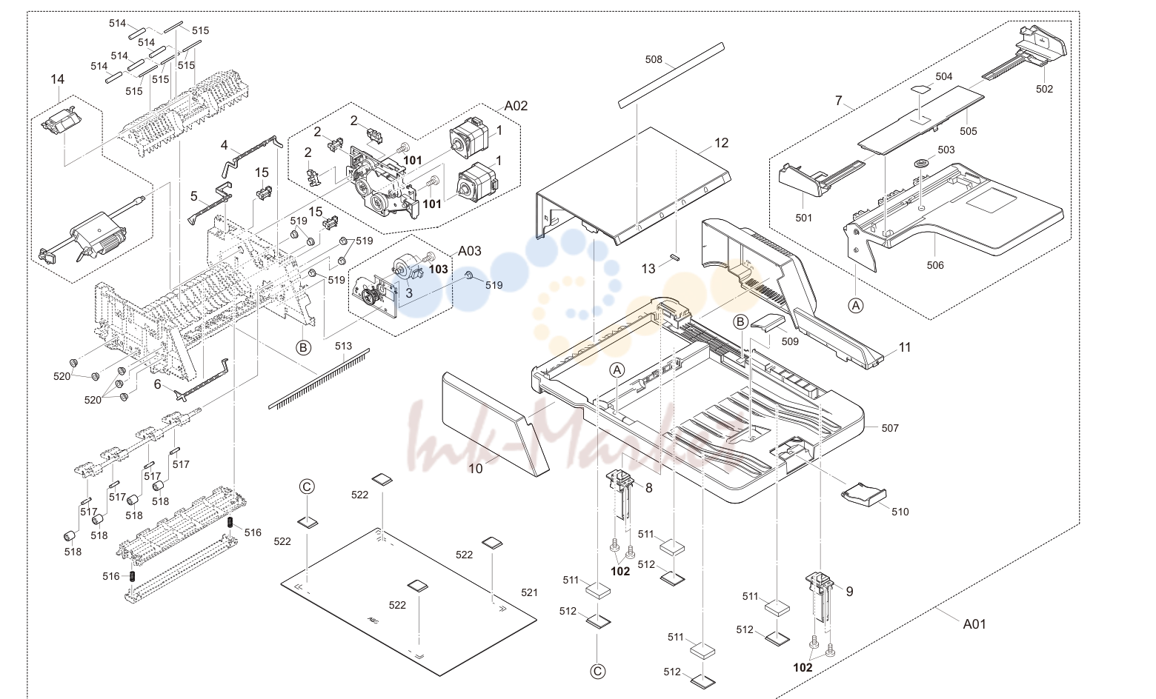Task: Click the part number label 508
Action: [654, 59]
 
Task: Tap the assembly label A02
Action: [516, 106]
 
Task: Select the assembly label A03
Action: [470, 251]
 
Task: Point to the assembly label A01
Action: [974, 624]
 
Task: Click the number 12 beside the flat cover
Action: [721, 143]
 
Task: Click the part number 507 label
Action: [890, 428]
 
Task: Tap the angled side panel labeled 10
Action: [494, 422]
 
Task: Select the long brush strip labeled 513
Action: [319, 379]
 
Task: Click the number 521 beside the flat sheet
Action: [530, 592]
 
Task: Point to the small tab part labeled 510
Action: [863, 494]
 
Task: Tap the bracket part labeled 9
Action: [820, 598]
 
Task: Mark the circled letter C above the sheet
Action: [307, 487]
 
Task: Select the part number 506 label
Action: [935, 265]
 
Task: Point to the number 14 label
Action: [57, 79]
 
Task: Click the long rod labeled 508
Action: [671, 76]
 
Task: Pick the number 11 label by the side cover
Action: [905, 348]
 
